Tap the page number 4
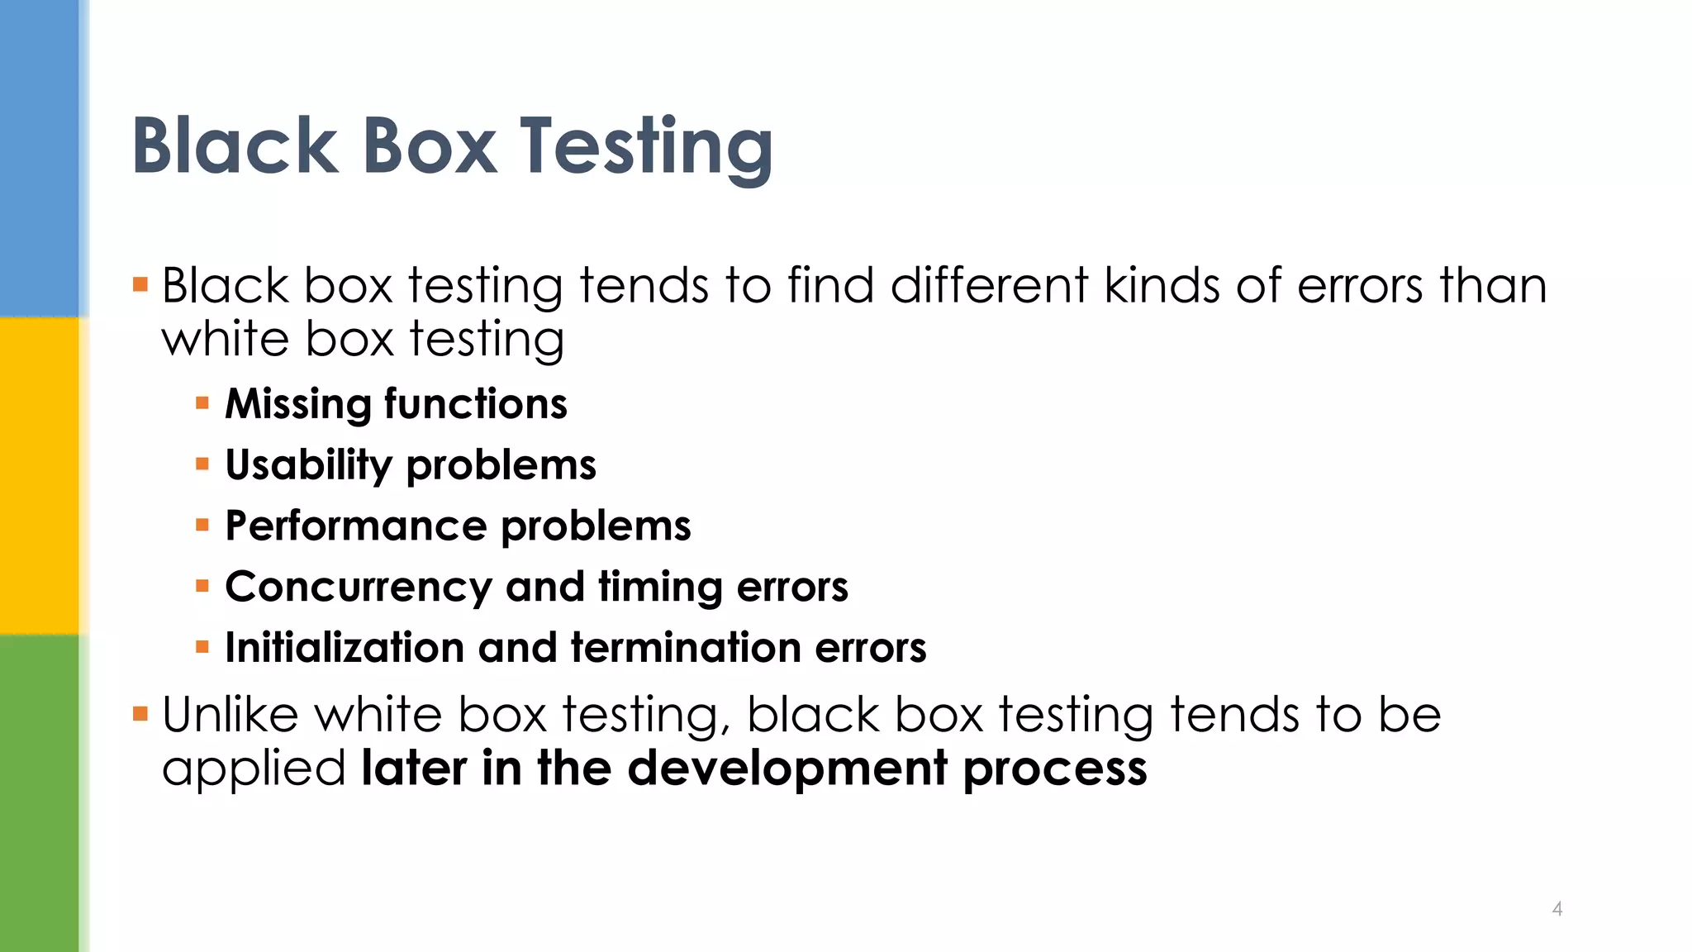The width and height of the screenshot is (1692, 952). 1557,909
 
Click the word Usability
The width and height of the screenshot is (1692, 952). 308,465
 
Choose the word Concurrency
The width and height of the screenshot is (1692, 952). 359,588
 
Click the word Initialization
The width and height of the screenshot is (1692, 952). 344,648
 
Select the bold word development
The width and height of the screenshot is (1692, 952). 787,769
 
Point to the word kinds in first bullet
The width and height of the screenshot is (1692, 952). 1162,286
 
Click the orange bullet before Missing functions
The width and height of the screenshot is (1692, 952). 202,404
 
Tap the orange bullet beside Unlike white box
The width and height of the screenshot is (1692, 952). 140,713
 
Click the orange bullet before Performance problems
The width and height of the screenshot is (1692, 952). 202,526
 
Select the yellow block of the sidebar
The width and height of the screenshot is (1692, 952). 40,475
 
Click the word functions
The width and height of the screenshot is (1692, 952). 476,404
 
